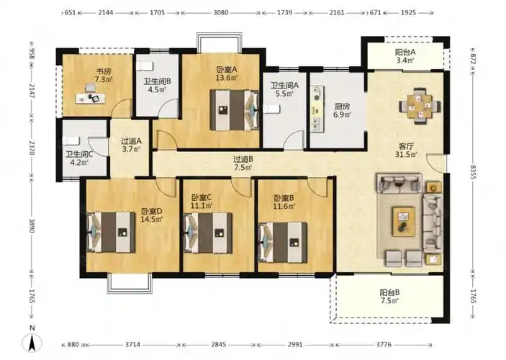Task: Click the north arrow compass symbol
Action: [x=32, y=342]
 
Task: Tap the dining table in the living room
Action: [x=420, y=106]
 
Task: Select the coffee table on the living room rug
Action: [x=404, y=222]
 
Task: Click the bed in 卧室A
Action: [x=235, y=110]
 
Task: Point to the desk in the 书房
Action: [x=91, y=98]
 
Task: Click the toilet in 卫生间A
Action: [x=271, y=109]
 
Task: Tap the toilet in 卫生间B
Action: [x=144, y=66]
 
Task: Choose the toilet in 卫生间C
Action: [x=71, y=141]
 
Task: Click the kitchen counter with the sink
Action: [x=317, y=109]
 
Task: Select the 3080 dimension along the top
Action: [x=221, y=12]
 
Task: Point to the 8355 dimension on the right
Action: [x=473, y=172]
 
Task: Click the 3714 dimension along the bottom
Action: [x=132, y=344]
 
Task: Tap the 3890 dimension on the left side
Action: [x=31, y=225]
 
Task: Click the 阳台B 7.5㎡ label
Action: [x=389, y=297]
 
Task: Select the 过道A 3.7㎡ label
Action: [x=131, y=145]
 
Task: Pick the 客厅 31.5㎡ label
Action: [x=406, y=150]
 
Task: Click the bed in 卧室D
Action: [x=111, y=232]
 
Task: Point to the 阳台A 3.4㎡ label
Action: [x=405, y=55]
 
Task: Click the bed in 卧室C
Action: [x=207, y=233]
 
